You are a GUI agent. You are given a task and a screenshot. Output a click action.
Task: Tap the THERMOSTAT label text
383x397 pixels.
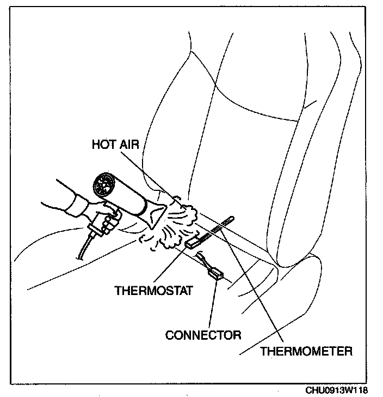click(154, 290)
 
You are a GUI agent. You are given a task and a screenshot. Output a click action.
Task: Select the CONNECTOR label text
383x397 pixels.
click(203, 334)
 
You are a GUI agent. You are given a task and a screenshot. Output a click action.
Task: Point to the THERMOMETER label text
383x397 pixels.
click(306, 350)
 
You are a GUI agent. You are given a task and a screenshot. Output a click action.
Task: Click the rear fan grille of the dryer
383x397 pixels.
click(104, 187)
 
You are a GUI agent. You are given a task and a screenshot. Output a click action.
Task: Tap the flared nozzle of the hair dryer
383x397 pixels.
click(158, 213)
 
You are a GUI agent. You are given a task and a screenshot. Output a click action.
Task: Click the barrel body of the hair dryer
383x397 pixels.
click(131, 196)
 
